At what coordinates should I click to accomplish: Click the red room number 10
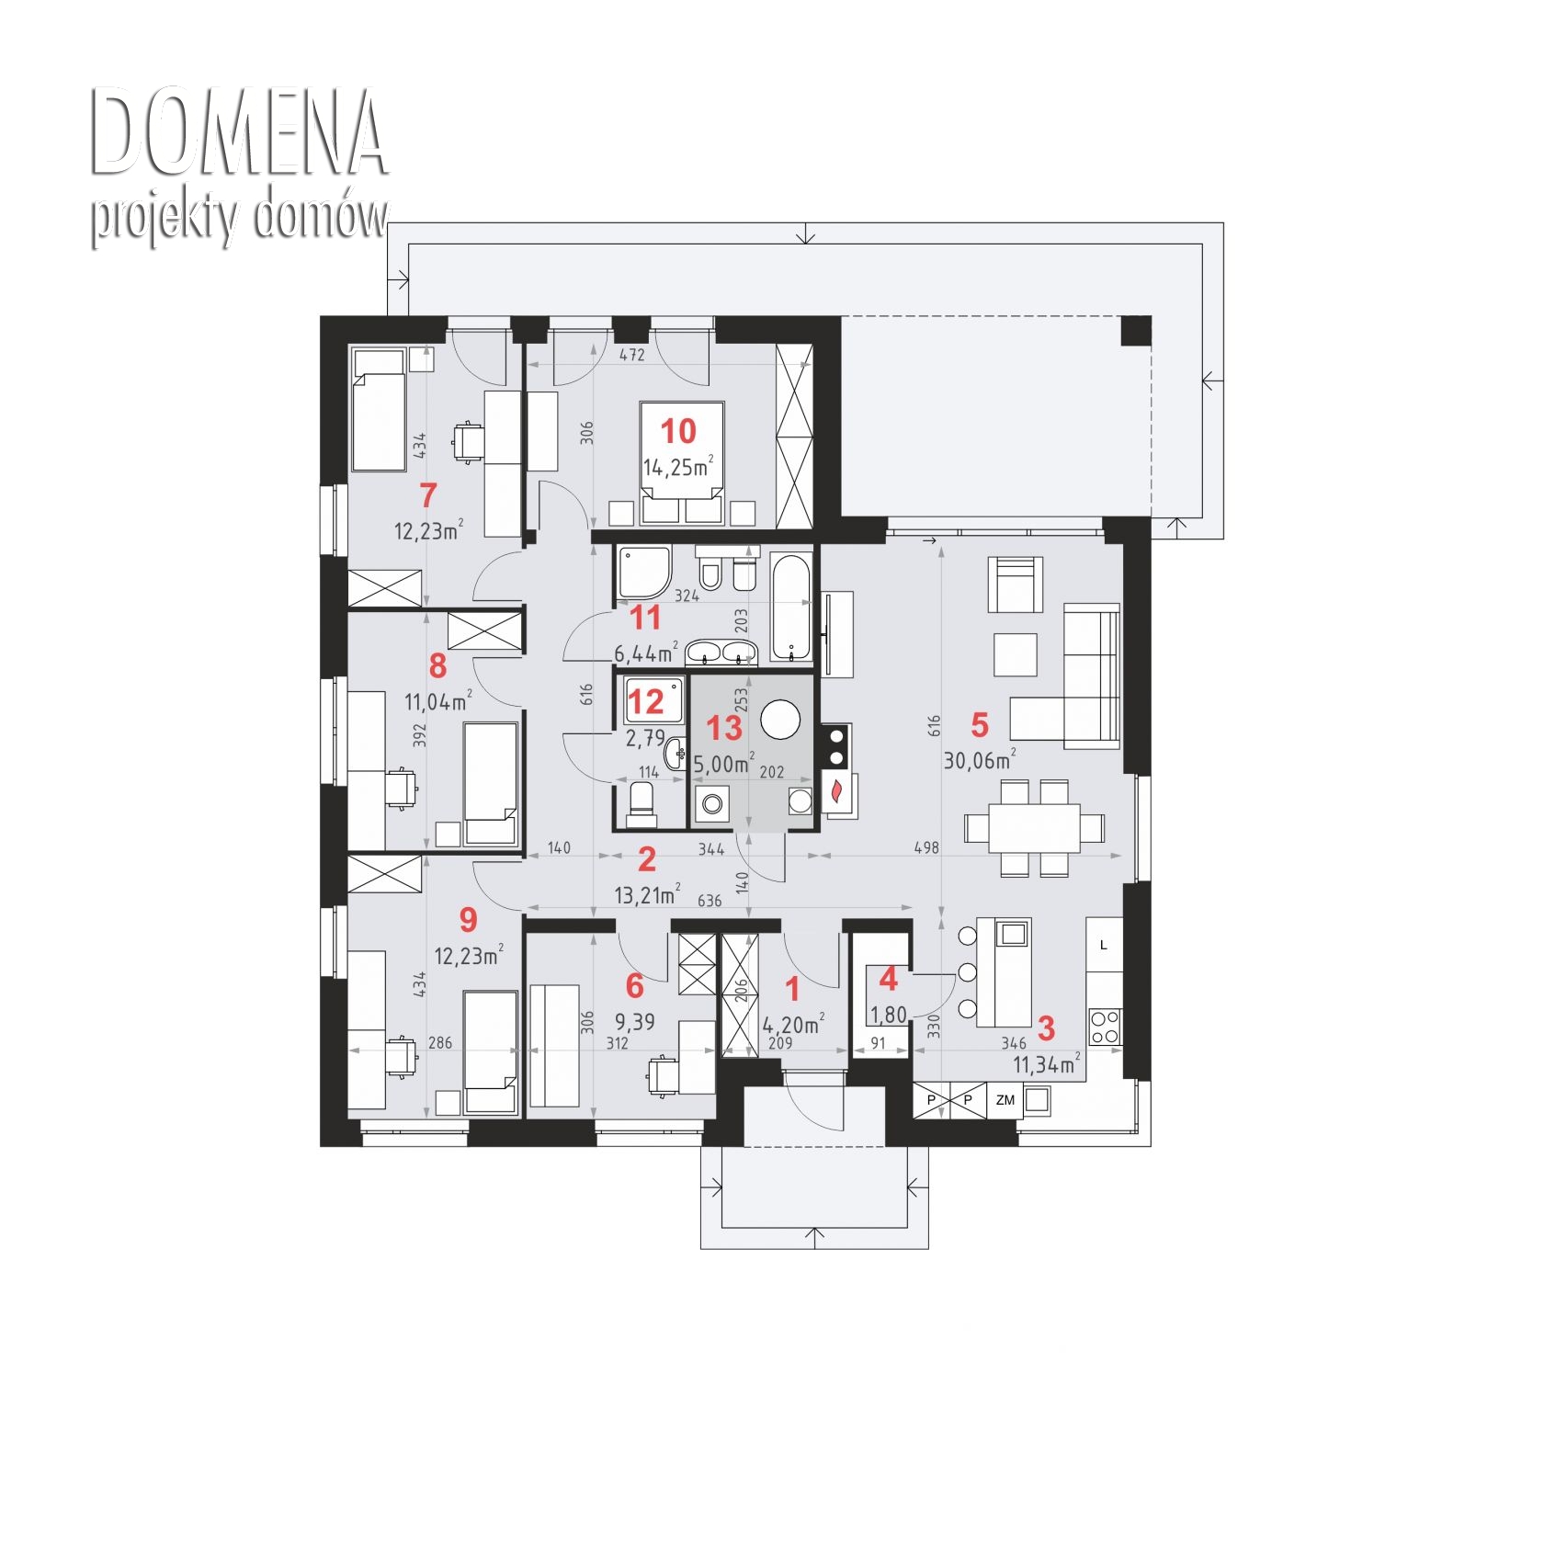coord(678,430)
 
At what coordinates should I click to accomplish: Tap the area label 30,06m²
coord(980,759)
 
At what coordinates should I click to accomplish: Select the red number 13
coord(723,728)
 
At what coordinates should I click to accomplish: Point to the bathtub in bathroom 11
coord(791,607)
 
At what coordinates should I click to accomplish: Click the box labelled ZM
coord(1005,1099)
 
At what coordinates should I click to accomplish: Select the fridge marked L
coord(1104,945)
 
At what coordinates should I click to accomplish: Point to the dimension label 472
coord(631,354)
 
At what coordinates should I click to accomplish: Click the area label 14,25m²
coord(678,467)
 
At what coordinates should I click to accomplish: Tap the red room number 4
coord(888,979)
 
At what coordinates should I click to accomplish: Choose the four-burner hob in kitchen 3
coord(1105,1027)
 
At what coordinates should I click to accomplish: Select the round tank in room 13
coord(781,721)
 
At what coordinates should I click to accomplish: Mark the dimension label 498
coord(926,847)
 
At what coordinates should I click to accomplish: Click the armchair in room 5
coord(1016,585)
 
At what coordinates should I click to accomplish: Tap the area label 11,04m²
coord(438,701)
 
